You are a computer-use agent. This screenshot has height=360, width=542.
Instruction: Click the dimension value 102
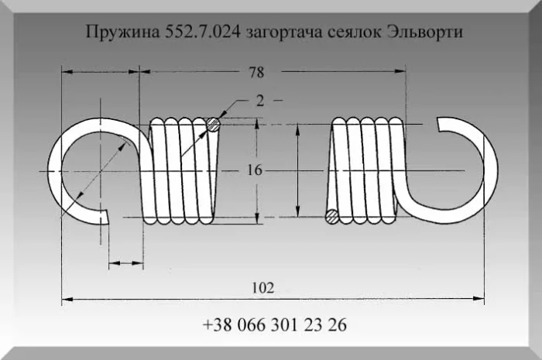click(263, 287)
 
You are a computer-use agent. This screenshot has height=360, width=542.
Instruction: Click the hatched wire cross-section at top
click(214, 124)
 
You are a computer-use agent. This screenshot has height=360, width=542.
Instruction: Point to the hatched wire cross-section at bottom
click(331, 216)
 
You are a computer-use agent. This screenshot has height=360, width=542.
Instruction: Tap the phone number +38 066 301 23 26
click(275, 324)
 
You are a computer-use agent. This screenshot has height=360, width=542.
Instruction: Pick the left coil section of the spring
click(180, 169)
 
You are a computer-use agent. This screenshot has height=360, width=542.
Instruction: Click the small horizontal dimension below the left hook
click(125, 264)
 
